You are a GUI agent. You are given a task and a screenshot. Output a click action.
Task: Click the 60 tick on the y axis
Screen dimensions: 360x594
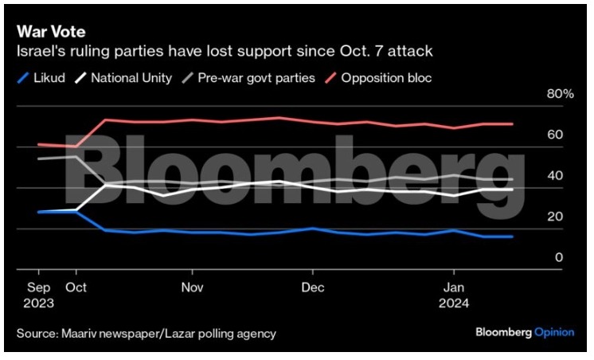555,135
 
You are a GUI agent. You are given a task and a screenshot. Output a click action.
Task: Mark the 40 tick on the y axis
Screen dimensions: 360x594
555,176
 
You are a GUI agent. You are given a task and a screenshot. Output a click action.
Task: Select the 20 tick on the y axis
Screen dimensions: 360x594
555,217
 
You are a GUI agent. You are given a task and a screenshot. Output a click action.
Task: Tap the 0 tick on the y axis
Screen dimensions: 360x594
558,258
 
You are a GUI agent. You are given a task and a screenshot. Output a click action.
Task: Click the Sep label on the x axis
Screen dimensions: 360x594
40,288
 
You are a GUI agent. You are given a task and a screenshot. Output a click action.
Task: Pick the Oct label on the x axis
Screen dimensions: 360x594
76,288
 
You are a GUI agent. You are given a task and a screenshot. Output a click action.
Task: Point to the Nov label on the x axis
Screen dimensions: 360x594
193,288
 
